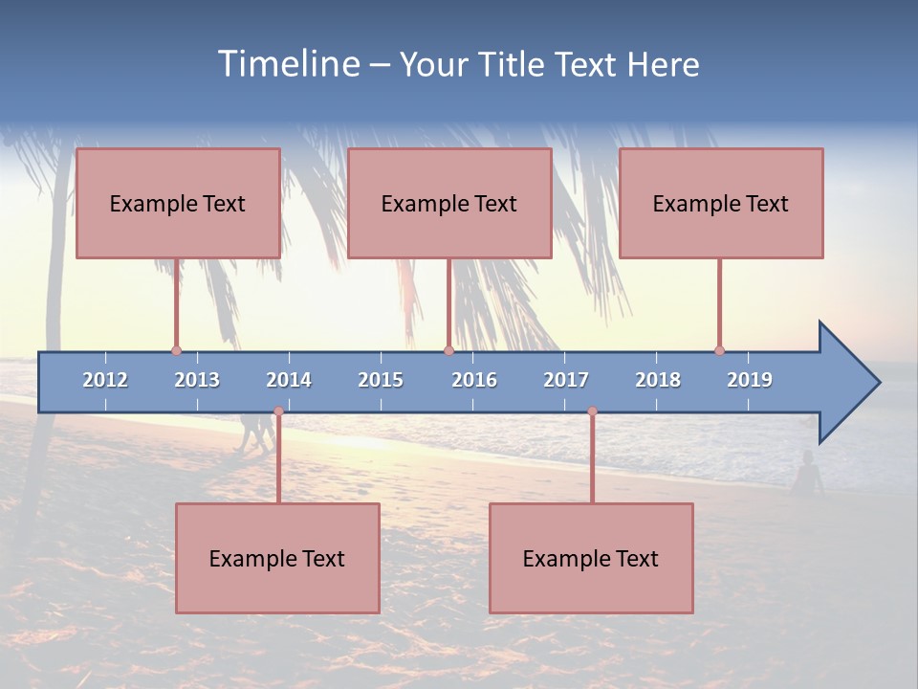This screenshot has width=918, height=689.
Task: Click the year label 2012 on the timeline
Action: (x=105, y=380)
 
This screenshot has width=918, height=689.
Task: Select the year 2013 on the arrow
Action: (x=197, y=380)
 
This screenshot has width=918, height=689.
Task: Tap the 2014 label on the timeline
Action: (x=289, y=380)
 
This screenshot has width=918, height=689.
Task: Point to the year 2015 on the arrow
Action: (x=381, y=380)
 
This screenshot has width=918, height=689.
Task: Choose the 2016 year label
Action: (x=474, y=380)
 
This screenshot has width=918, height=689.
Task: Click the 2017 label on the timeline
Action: (x=566, y=380)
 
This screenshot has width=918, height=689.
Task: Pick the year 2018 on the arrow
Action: (x=658, y=380)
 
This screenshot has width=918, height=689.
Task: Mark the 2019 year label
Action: (x=750, y=380)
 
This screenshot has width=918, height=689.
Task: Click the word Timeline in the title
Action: (x=288, y=64)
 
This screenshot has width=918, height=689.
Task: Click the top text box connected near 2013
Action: (x=178, y=203)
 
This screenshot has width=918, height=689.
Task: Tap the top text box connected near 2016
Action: (x=449, y=203)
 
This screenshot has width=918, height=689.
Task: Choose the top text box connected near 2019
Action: (x=721, y=203)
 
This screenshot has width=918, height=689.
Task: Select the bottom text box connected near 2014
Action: (x=277, y=558)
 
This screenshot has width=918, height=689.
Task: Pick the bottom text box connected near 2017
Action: (x=591, y=558)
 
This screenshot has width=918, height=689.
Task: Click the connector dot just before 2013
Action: (x=176, y=350)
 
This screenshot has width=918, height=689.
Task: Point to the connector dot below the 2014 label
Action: (x=278, y=411)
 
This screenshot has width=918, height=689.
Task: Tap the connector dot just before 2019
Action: (x=719, y=350)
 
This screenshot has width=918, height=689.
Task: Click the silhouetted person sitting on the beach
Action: (x=809, y=474)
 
